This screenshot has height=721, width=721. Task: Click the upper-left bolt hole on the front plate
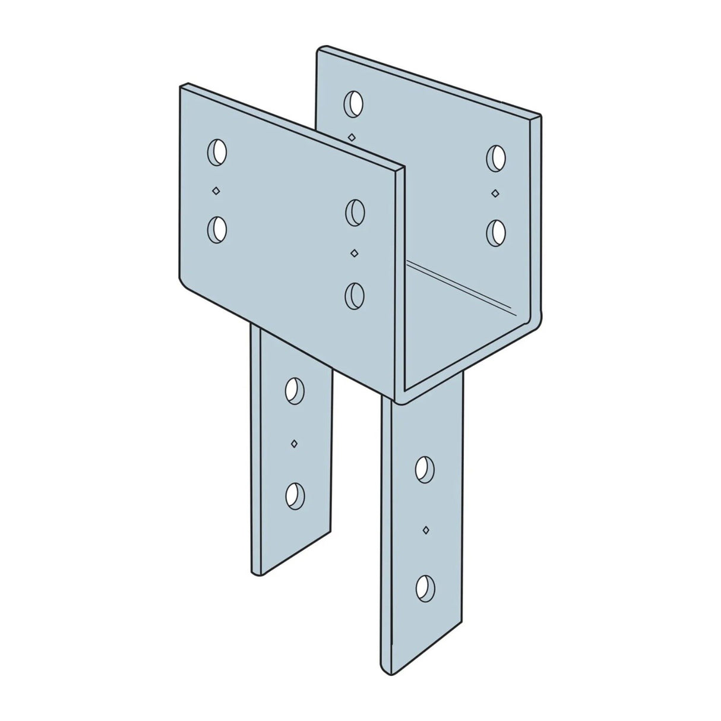click(x=217, y=153)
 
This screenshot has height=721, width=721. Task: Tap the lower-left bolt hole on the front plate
click(x=217, y=229)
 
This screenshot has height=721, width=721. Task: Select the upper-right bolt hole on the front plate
click(x=355, y=212)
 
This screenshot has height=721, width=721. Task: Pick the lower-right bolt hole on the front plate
click(x=355, y=295)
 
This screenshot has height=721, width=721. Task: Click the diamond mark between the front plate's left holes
click(x=217, y=191)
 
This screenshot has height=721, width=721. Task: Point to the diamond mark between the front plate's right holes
click(x=355, y=254)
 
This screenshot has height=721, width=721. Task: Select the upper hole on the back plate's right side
click(x=496, y=157)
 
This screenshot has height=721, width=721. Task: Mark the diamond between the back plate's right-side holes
click(x=495, y=192)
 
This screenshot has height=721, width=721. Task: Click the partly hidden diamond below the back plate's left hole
click(x=352, y=137)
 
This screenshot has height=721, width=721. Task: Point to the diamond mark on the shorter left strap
click(x=294, y=443)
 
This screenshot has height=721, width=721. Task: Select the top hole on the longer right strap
click(x=425, y=469)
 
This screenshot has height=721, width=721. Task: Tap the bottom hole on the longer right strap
click(x=425, y=587)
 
